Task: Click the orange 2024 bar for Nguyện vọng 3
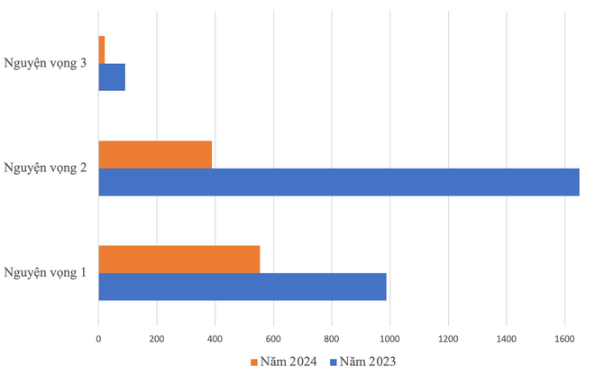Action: pyautogui.click(x=102, y=50)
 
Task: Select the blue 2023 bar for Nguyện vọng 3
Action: pyautogui.click(x=112, y=78)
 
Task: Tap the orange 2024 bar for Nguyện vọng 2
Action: pyautogui.click(x=155, y=154)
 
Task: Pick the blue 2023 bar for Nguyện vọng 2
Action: pyautogui.click(x=338, y=182)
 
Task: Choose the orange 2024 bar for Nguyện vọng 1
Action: pyautogui.click(x=178, y=259)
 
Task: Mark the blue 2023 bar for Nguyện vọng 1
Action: pyautogui.click(x=242, y=287)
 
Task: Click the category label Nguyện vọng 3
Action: pyautogui.click(x=45, y=63)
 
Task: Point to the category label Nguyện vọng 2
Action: pyautogui.click(x=45, y=168)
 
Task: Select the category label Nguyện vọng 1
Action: pyautogui.click(x=45, y=272)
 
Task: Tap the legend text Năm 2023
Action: pyautogui.click(x=368, y=362)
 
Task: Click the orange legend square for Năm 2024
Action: pyautogui.click(x=253, y=362)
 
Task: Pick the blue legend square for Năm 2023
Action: pyautogui.click(x=333, y=362)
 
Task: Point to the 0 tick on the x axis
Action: pyautogui.click(x=98, y=339)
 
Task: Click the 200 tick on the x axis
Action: pyautogui.click(x=156, y=339)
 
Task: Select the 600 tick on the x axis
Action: pyautogui.click(x=273, y=339)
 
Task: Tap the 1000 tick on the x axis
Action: pyautogui.click(x=389, y=339)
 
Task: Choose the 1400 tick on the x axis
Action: pyautogui.click(x=506, y=339)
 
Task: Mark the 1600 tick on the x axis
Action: pyautogui.click(x=564, y=339)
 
